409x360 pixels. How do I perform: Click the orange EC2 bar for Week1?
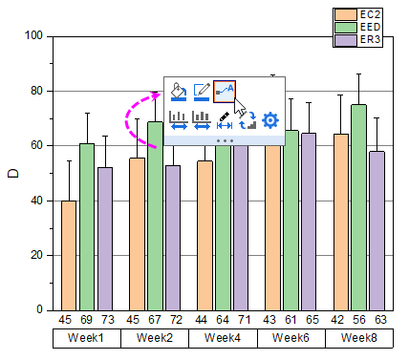69,255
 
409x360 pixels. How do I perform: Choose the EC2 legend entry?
357,14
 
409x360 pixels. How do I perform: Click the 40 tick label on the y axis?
37,201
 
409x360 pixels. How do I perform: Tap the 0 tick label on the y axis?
40,310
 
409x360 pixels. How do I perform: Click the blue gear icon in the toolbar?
270,120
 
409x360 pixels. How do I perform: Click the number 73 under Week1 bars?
105,319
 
